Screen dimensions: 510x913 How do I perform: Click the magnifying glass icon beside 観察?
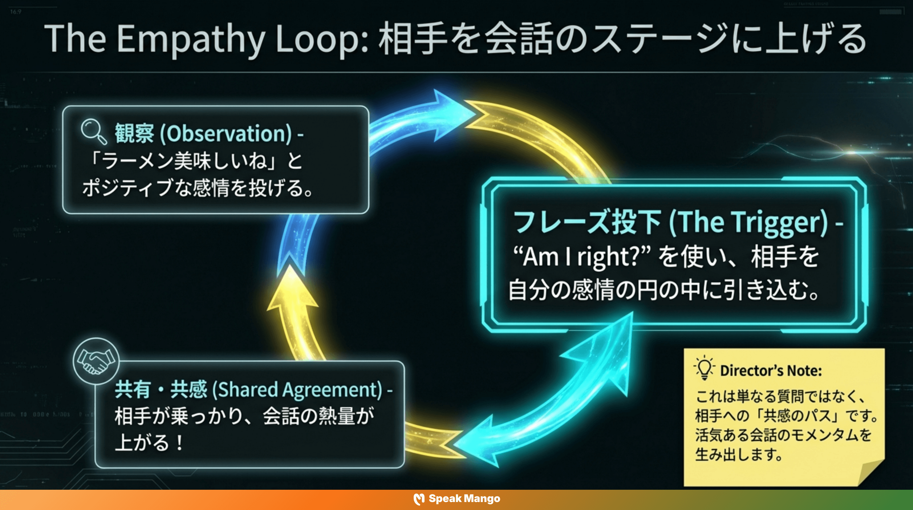tap(93, 131)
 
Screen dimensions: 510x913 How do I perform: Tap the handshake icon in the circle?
tap(96, 361)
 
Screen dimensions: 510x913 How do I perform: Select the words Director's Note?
tap(771, 371)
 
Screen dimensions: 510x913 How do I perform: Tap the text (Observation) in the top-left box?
tap(226, 134)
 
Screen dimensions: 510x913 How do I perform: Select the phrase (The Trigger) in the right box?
tap(748, 222)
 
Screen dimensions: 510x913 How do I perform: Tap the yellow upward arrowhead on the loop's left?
tap(292, 289)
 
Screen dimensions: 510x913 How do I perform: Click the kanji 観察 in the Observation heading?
tap(134, 134)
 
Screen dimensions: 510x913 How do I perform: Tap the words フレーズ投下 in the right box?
tap(587, 222)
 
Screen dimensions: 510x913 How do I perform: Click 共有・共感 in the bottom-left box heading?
tap(161, 389)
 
